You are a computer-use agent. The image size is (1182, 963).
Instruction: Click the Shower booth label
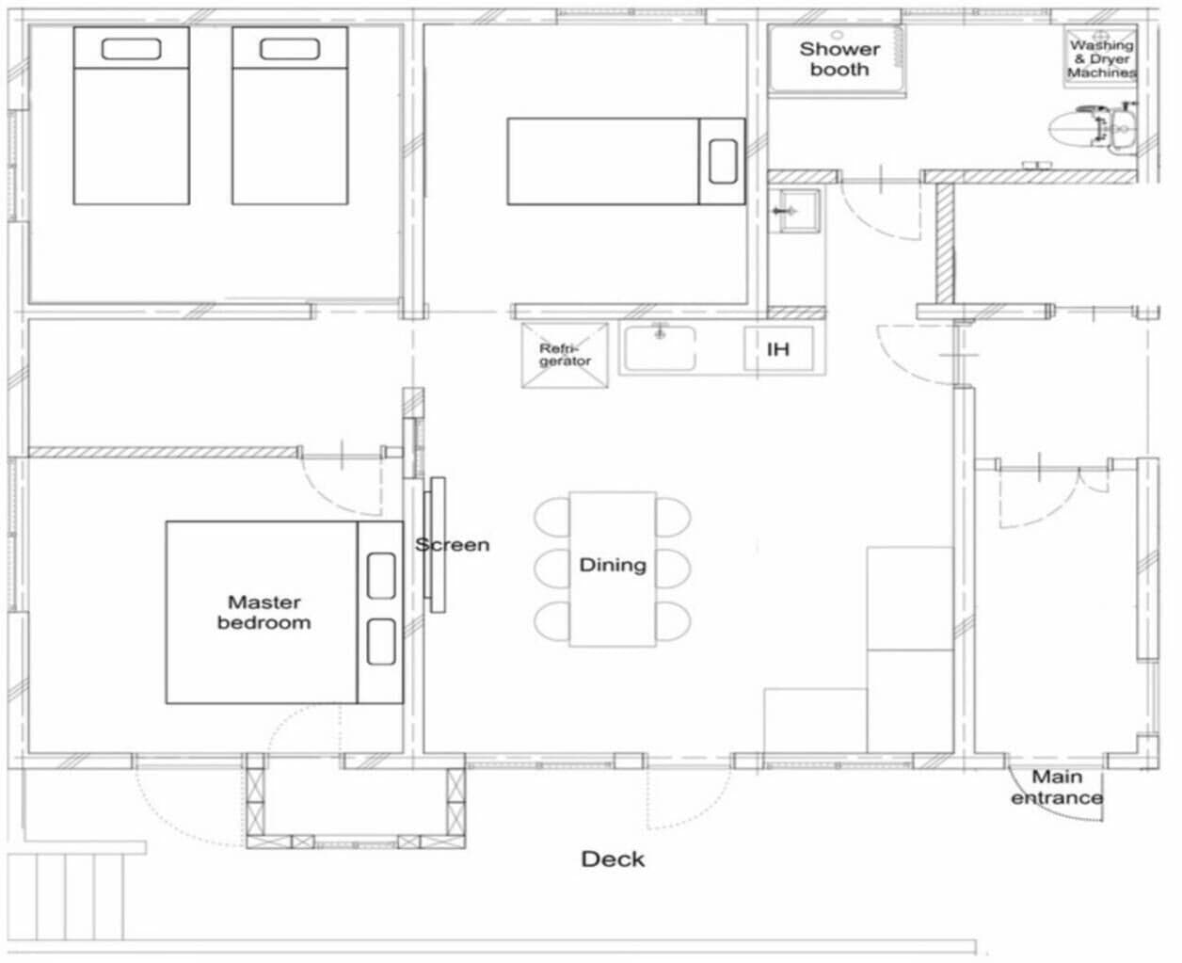click(x=839, y=58)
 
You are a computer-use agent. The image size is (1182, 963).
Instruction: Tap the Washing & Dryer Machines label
click(x=1100, y=58)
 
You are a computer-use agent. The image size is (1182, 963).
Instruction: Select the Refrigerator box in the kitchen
click(x=565, y=355)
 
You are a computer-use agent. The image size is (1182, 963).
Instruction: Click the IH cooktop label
click(x=777, y=349)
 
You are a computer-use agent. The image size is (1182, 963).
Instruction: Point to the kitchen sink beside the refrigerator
click(x=660, y=348)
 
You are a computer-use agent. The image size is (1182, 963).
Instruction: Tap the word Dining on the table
click(x=612, y=565)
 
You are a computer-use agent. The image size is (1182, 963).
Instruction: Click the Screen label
click(x=453, y=545)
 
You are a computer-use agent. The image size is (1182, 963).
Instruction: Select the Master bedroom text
click(x=264, y=612)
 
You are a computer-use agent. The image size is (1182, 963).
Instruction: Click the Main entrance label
click(x=1056, y=788)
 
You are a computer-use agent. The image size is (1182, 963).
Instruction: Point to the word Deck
click(x=613, y=859)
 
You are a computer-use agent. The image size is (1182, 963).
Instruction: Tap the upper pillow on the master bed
click(x=381, y=576)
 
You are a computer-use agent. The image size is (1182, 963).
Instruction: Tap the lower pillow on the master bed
click(x=381, y=642)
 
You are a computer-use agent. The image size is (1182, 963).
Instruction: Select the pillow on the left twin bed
click(x=131, y=49)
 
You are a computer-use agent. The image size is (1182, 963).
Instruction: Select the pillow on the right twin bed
click(x=289, y=49)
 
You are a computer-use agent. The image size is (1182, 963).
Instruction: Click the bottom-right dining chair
click(x=674, y=621)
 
